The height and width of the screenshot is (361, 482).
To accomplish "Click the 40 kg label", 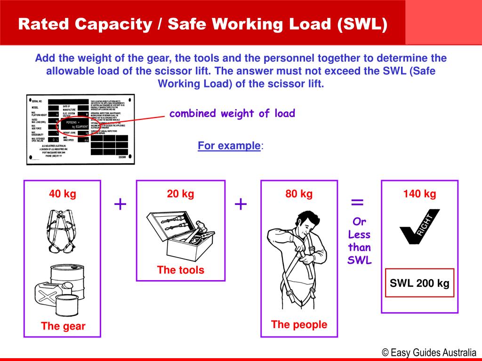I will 62,194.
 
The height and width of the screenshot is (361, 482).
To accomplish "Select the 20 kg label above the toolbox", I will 180,194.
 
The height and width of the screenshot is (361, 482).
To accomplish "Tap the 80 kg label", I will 299,194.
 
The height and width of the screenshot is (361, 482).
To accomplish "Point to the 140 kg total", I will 419,194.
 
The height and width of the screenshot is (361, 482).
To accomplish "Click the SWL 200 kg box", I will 419,283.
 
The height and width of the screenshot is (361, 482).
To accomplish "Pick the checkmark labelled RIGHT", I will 419,226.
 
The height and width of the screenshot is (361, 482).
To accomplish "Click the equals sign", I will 358,203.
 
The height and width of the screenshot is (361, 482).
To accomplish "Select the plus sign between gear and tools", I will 120,204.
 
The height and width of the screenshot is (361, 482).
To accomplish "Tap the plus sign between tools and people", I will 241,204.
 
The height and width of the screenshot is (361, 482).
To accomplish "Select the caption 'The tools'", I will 181,270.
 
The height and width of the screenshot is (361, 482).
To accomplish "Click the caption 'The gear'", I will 63,326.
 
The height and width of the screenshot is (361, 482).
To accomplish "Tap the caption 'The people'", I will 299,324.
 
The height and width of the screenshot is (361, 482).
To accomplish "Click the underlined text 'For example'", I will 229,146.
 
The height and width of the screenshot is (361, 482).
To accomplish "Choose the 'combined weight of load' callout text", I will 232,113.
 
